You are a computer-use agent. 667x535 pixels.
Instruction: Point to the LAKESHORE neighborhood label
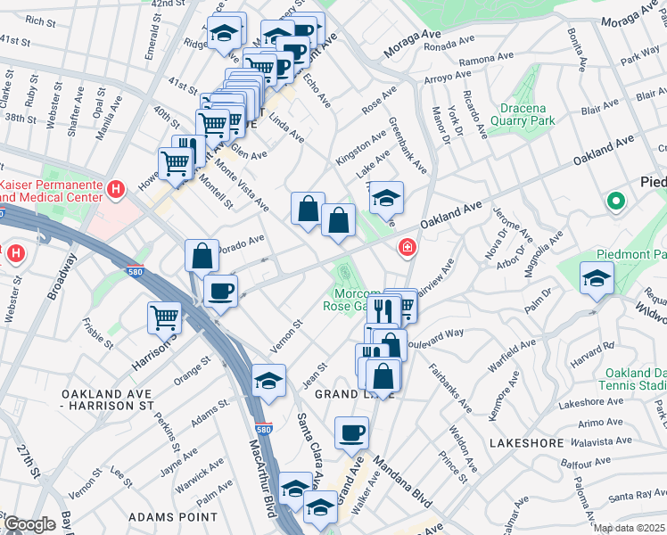[x=526, y=442]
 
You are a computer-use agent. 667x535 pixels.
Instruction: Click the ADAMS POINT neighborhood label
[x=173, y=516]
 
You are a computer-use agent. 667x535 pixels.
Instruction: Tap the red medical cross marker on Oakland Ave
[x=408, y=247]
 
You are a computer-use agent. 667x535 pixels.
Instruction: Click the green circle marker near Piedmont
[x=615, y=202]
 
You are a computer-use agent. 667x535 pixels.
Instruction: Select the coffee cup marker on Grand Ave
[x=351, y=433]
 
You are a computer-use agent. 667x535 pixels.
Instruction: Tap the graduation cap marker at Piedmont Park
[x=597, y=278]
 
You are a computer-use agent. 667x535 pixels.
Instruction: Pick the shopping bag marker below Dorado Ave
[x=202, y=255]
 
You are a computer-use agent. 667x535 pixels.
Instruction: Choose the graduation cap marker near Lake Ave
[x=386, y=197]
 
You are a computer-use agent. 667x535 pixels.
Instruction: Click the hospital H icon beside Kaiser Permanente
[x=114, y=188]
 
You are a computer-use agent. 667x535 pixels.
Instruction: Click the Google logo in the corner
[x=29, y=524]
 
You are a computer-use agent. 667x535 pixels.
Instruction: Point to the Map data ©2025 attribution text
[x=630, y=528]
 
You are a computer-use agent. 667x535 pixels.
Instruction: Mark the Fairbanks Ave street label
[x=449, y=386]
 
